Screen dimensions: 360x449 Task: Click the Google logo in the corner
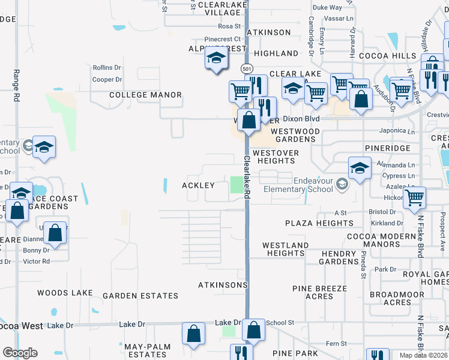pos(20,353)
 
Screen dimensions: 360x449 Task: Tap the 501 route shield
pos(247,69)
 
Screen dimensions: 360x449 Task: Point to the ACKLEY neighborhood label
pos(199,186)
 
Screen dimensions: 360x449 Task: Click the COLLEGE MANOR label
pos(145,95)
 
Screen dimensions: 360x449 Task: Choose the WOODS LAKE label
pos(65,293)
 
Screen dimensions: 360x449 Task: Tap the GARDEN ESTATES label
pos(140,296)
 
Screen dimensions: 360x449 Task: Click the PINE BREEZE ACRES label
pos(319,293)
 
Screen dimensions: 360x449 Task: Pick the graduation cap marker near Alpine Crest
pos(215,58)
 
